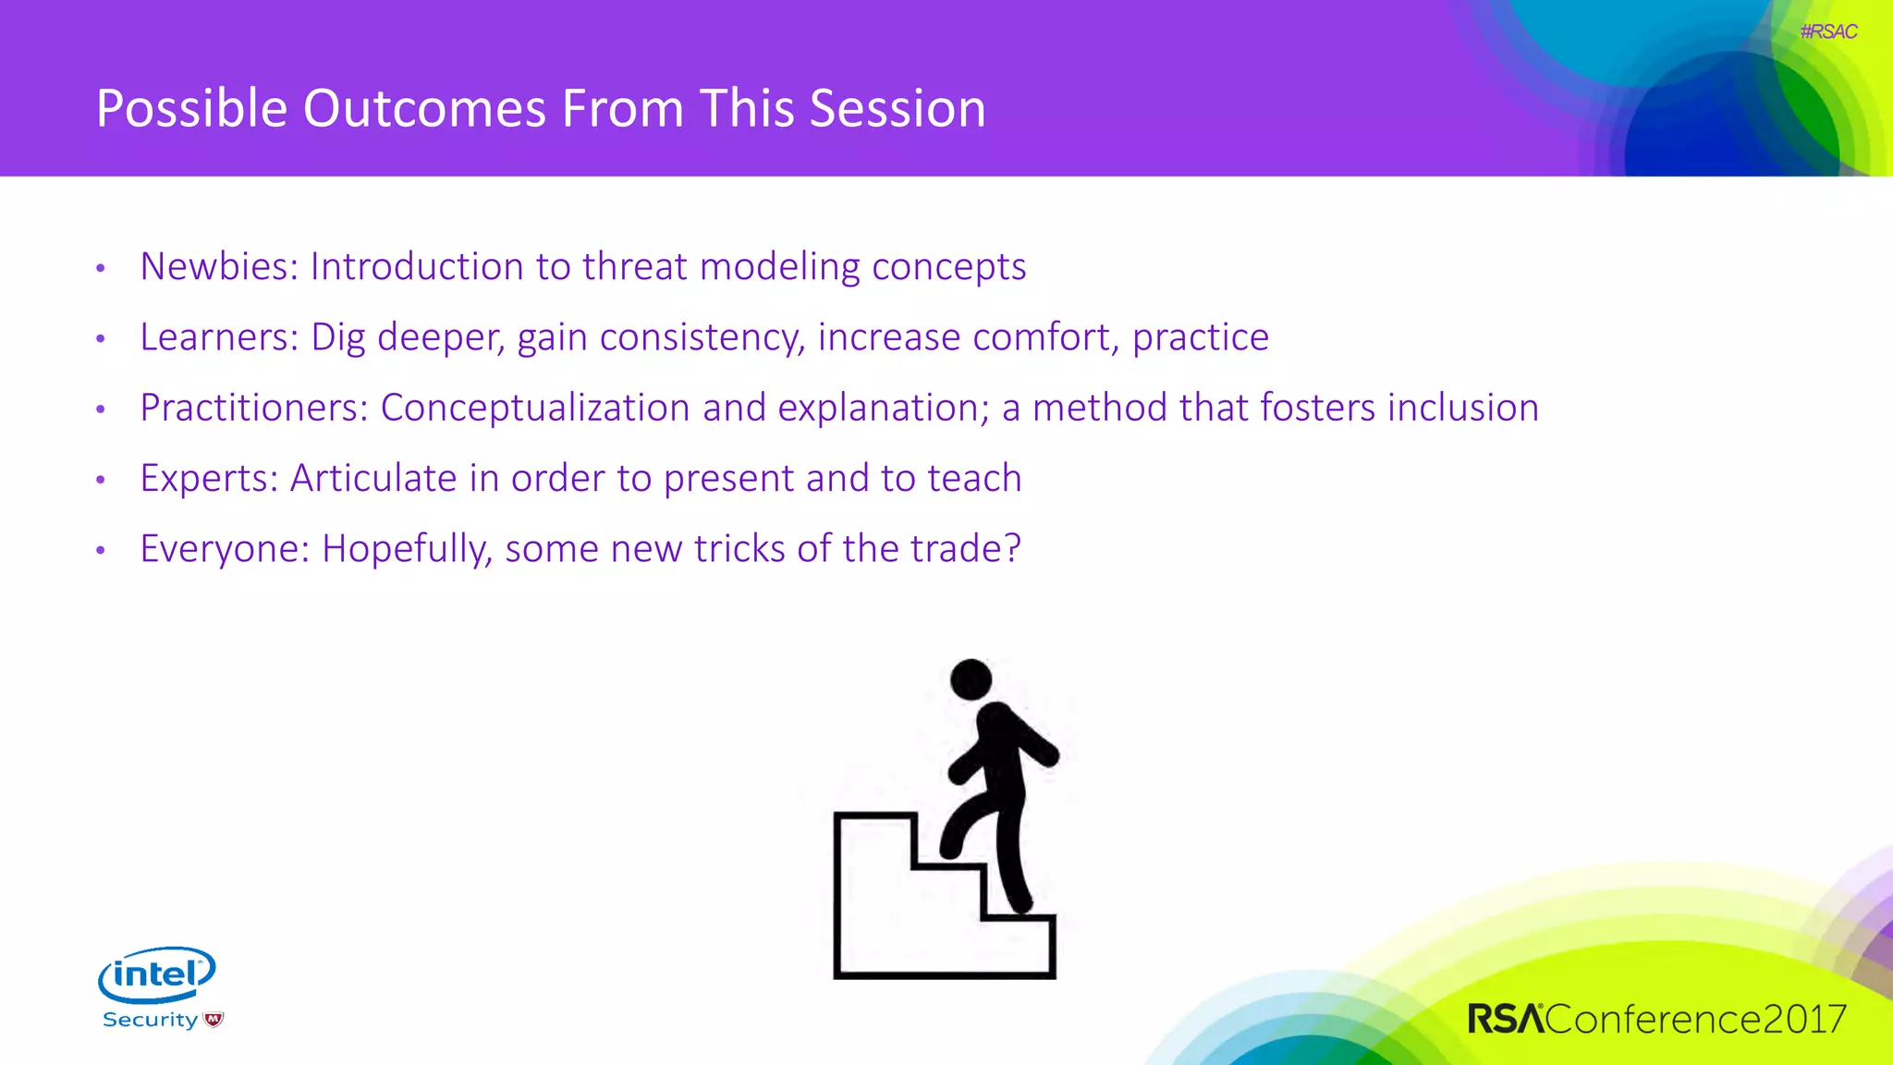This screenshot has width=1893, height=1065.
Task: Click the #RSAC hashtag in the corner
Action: (1828, 31)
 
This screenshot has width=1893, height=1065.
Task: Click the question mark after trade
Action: (1012, 548)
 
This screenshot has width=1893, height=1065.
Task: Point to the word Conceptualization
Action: (535, 408)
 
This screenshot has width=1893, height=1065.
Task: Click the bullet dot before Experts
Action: (101, 480)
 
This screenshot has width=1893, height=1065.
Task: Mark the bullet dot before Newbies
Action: (101, 268)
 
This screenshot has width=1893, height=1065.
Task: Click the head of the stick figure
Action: (971, 679)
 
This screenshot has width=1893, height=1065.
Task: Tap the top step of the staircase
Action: (874, 817)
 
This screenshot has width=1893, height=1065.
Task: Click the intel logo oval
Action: (157, 973)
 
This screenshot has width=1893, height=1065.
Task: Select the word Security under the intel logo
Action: (150, 1020)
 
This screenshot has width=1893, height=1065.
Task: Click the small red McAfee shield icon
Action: (214, 1020)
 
